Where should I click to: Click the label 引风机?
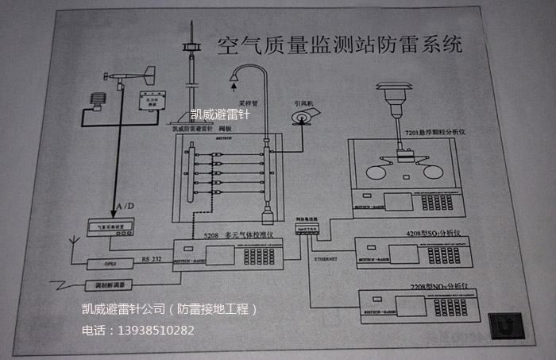click(304, 103)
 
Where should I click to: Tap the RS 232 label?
click(152, 258)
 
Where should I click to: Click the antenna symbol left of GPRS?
click(73, 238)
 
